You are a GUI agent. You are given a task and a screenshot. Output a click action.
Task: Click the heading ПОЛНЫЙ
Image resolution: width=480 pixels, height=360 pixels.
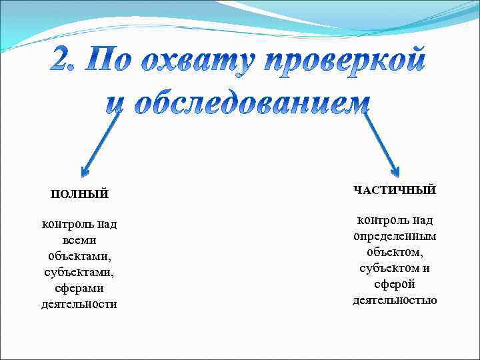[x=79, y=194]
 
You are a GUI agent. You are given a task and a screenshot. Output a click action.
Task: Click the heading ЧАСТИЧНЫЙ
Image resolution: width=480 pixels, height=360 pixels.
[x=395, y=190]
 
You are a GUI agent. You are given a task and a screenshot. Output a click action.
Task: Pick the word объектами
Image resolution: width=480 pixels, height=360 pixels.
[x=79, y=256]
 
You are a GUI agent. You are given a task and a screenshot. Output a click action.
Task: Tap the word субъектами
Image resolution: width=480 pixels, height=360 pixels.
[x=79, y=272]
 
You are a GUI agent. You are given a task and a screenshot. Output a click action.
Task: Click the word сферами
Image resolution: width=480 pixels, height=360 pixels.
[x=79, y=288]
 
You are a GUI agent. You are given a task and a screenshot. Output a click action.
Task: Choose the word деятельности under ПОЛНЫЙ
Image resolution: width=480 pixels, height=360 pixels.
[x=79, y=304]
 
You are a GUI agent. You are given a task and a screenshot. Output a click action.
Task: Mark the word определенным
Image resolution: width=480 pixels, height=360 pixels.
[x=395, y=236]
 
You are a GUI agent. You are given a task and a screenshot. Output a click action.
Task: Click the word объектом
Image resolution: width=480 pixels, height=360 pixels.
[x=395, y=252]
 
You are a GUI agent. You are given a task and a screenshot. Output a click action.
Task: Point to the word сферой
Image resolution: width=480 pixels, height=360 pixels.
[x=395, y=284]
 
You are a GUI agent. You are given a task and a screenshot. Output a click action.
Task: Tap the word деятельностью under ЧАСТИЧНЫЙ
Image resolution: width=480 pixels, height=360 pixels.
[x=395, y=300]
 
